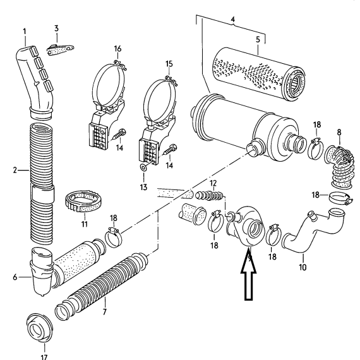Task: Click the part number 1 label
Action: tap(25, 32)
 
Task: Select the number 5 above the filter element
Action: tap(258, 40)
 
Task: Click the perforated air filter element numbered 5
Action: tap(259, 73)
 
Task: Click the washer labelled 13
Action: tap(144, 167)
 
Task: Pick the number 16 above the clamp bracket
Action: tap(117, 49)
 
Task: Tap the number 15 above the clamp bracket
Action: tap(169, 64)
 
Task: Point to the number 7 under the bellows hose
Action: tap(105, 312)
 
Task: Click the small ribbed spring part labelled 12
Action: tap(209, 196)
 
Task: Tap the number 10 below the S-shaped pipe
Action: tap(303, 267)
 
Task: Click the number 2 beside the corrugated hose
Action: tap(15, 171)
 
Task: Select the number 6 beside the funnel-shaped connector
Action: tap(15, 277)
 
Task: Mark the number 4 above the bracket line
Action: tap(233, 20)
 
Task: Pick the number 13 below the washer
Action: tap(143, 187)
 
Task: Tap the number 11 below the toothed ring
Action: tap(85, 224)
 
